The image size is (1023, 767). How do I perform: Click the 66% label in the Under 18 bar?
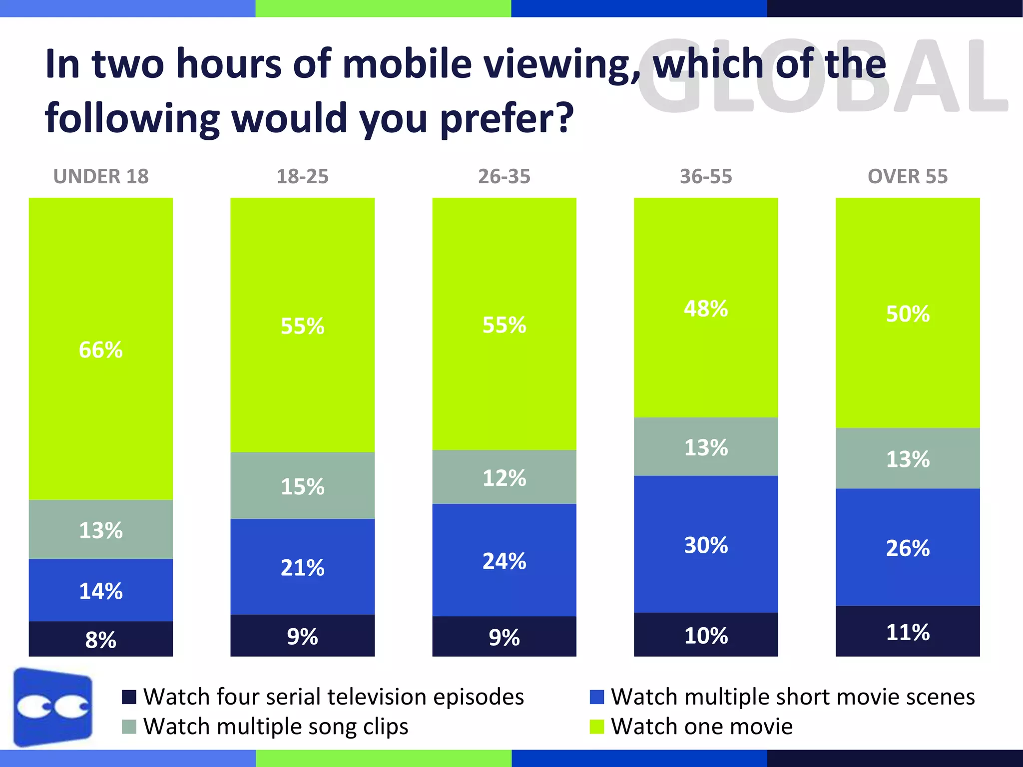(x=100, y=350)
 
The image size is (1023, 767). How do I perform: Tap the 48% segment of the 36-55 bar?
(x=705, y=309)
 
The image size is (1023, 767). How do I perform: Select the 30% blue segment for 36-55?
(x=705, y=545)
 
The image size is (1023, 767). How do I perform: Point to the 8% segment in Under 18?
(x=100, y=639)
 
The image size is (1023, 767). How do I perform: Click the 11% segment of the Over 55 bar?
(x=907, y=632)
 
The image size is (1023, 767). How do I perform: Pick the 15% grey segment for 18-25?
(x=302, y=486)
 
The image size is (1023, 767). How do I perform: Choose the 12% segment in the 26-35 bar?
(x=504, y=477)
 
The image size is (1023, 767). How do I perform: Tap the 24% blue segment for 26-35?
(x=504, y=560)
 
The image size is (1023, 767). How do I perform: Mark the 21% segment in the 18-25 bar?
(x=302, y=567)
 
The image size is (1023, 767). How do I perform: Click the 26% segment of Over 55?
(x=907, y=548)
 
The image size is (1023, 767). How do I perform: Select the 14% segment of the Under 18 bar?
(x=100, y=590)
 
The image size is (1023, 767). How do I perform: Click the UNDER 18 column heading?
(x=101, y=176)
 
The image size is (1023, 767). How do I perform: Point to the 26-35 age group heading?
(x=504, y=176)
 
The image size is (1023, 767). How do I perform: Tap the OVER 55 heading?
(x=907, y=176)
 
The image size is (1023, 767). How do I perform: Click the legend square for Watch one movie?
(x=596, y=727)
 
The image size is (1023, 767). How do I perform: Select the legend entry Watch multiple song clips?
(x=275, y=727)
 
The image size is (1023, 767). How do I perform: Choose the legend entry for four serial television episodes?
(x=333, y=697)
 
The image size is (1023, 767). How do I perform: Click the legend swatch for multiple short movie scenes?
(x=596, y=697)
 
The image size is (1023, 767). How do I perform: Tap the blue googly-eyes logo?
(x=53, y=707)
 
